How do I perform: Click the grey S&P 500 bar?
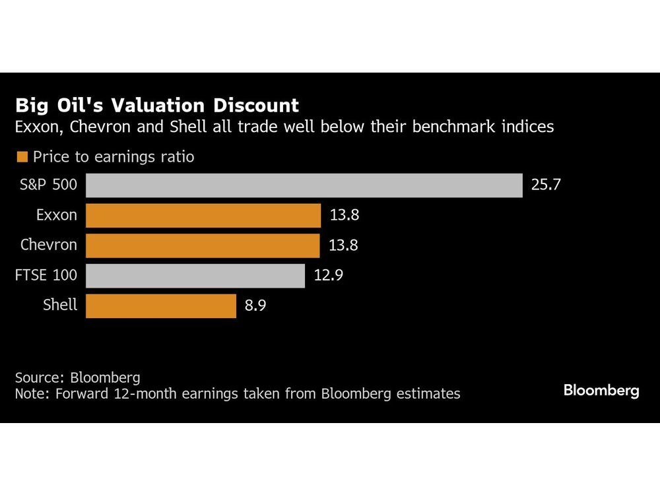[304, 185]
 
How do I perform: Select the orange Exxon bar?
[203, 215]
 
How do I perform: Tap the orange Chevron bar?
[203, 246]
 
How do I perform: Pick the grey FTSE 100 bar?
[195, 275]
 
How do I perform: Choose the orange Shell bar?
[161, 306]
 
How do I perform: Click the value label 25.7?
[546, 185]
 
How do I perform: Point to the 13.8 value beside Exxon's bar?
[344, 215]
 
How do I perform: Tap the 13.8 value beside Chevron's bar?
[344, 246]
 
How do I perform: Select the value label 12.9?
[329, 275]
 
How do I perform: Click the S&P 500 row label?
[48, 185]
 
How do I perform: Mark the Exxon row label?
[57, 215]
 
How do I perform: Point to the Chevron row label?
[49, 246]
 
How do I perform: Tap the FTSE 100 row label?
[46, 275]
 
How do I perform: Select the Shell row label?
[60, 306]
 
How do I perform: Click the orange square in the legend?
[22, 157]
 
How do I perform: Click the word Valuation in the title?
[151, 105]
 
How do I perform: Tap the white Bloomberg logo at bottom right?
[601, 391]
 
